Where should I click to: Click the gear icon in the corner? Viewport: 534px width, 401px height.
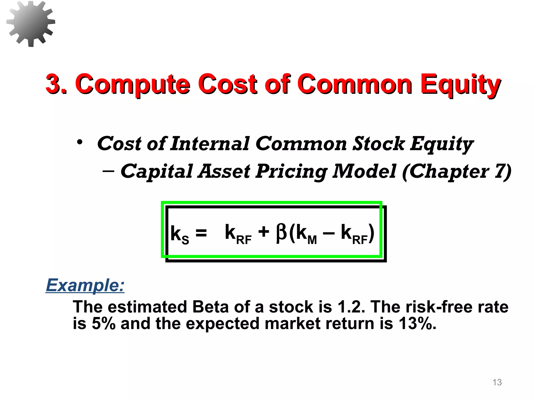[x=31, y=23]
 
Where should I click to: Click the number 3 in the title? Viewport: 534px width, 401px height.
[x=54, y=84]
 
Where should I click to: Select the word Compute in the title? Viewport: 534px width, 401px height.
[x=132, y=85]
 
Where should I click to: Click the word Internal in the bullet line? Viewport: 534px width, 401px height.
[x=210, y=144]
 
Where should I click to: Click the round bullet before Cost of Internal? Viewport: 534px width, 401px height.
[x=80, y=143]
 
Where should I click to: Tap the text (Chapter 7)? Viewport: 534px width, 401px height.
[x=457, y=172]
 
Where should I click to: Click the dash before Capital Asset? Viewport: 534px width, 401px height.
[x=108, y=171]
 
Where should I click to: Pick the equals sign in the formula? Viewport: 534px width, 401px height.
[x=201, y=232]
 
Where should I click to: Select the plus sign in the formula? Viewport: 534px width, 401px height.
[x=264, y=232]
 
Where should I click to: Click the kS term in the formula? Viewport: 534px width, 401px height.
[x=179, y=234]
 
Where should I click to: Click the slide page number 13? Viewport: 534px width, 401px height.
[x=497, y=382]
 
